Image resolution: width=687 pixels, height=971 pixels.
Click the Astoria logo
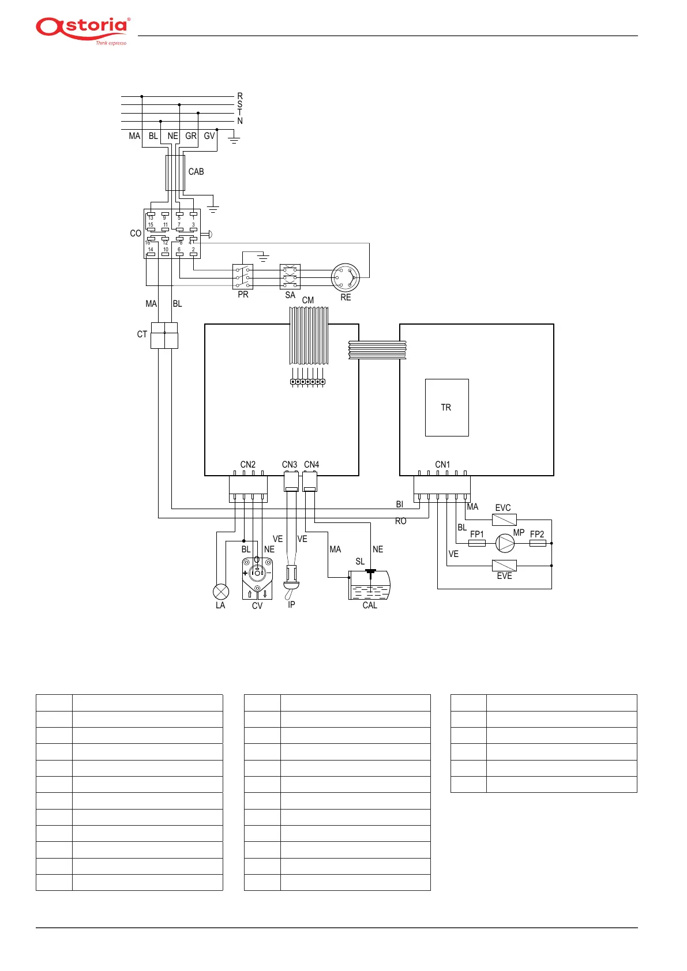tap(83, 29)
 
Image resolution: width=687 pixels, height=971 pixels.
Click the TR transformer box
tap(446, 407)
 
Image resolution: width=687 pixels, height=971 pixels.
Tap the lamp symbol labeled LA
tap(221, 591)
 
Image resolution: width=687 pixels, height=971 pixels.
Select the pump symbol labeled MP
tap(505, 543)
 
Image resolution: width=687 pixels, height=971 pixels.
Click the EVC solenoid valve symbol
tap(504, 519)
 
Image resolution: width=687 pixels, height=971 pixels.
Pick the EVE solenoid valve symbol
tap(504, 566)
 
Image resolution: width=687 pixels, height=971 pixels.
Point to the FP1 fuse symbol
tap(477, 543)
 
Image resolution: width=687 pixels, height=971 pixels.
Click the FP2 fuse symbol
tap(538, 543)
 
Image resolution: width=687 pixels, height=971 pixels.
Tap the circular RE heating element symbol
tap(346, 278)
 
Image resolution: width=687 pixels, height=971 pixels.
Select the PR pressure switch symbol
tap(243, 277)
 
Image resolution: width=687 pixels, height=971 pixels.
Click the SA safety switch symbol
tap(290, 277)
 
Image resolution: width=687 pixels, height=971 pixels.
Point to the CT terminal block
tap(164, 335)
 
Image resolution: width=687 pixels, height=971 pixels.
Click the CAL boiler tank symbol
tap(369, 585)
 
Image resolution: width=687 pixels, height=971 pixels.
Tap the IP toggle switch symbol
tap(291, 579)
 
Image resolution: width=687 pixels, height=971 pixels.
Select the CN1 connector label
tap(442, 465)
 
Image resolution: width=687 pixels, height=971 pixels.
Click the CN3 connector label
tap(290, 465)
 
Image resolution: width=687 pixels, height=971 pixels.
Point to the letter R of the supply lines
tap(240, 96)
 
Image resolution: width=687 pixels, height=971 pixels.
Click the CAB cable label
tap(196, 172)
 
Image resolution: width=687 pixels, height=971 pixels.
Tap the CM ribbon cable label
tap(308, 300)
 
